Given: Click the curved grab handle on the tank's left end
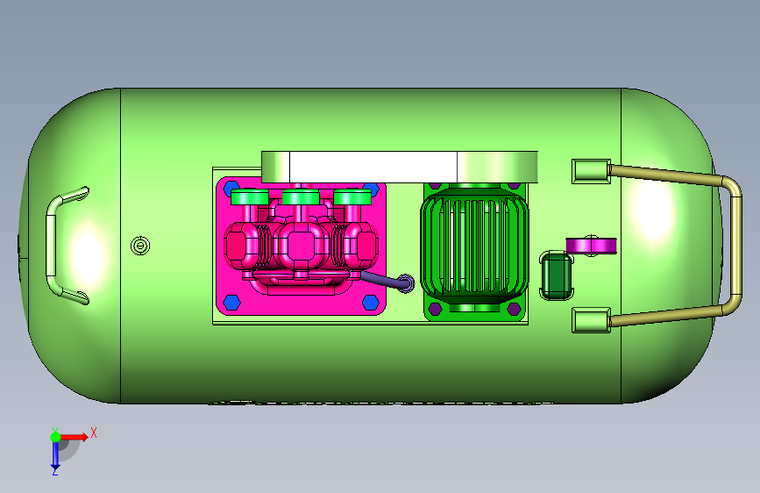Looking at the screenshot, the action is coord(51,245).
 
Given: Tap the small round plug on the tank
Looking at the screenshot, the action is coord(140,246).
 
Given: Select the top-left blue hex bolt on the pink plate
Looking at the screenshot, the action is coord(231,188).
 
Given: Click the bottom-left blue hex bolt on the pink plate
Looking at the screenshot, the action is coord(232,303).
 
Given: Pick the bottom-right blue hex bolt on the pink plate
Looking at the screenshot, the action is coord(371,303).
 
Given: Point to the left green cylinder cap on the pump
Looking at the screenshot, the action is coord(250,197).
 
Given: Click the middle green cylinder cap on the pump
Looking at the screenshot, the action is coord(301,197).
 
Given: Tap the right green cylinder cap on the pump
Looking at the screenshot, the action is coord(352,197).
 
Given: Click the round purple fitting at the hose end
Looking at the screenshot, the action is coord(407,283).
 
